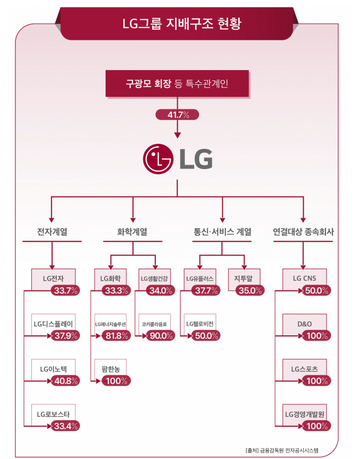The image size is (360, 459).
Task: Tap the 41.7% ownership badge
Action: pos(177,115)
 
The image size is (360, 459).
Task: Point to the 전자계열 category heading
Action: pos(52,232)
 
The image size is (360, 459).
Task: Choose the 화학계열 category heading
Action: pos(132,232)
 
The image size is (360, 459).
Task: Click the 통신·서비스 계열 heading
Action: pos(222,232)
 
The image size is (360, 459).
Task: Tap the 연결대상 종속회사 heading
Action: pos(303,232)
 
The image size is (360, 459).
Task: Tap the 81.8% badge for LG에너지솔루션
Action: pos(116,335)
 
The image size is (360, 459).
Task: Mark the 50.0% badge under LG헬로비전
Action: pos(206,335)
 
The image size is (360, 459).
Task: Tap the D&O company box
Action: pos(304,323)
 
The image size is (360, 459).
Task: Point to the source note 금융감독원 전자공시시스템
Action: pos(290,450)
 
